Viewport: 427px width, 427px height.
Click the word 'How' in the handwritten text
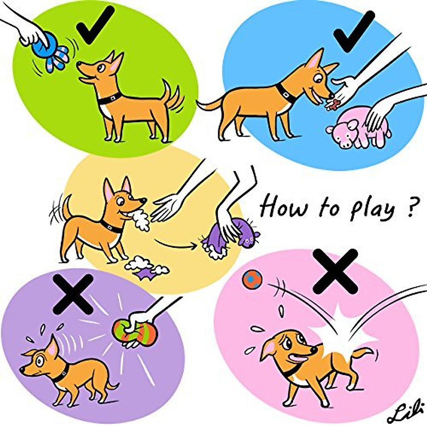(x=283, y=206)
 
